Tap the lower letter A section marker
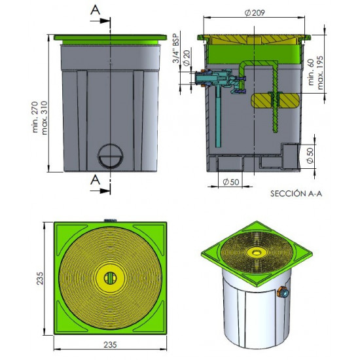pyautogui.click(x=96, y=179)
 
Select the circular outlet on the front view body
pyautogui.click(x=109, y=157)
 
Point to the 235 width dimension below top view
pyautogui.click(x=110, y=343)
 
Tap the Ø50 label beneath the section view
pyautogui.click(x=229, y=181)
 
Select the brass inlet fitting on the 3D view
pyautogui.click(x=285, y=293)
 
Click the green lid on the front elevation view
pyautogui.click(x=109, y=39)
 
